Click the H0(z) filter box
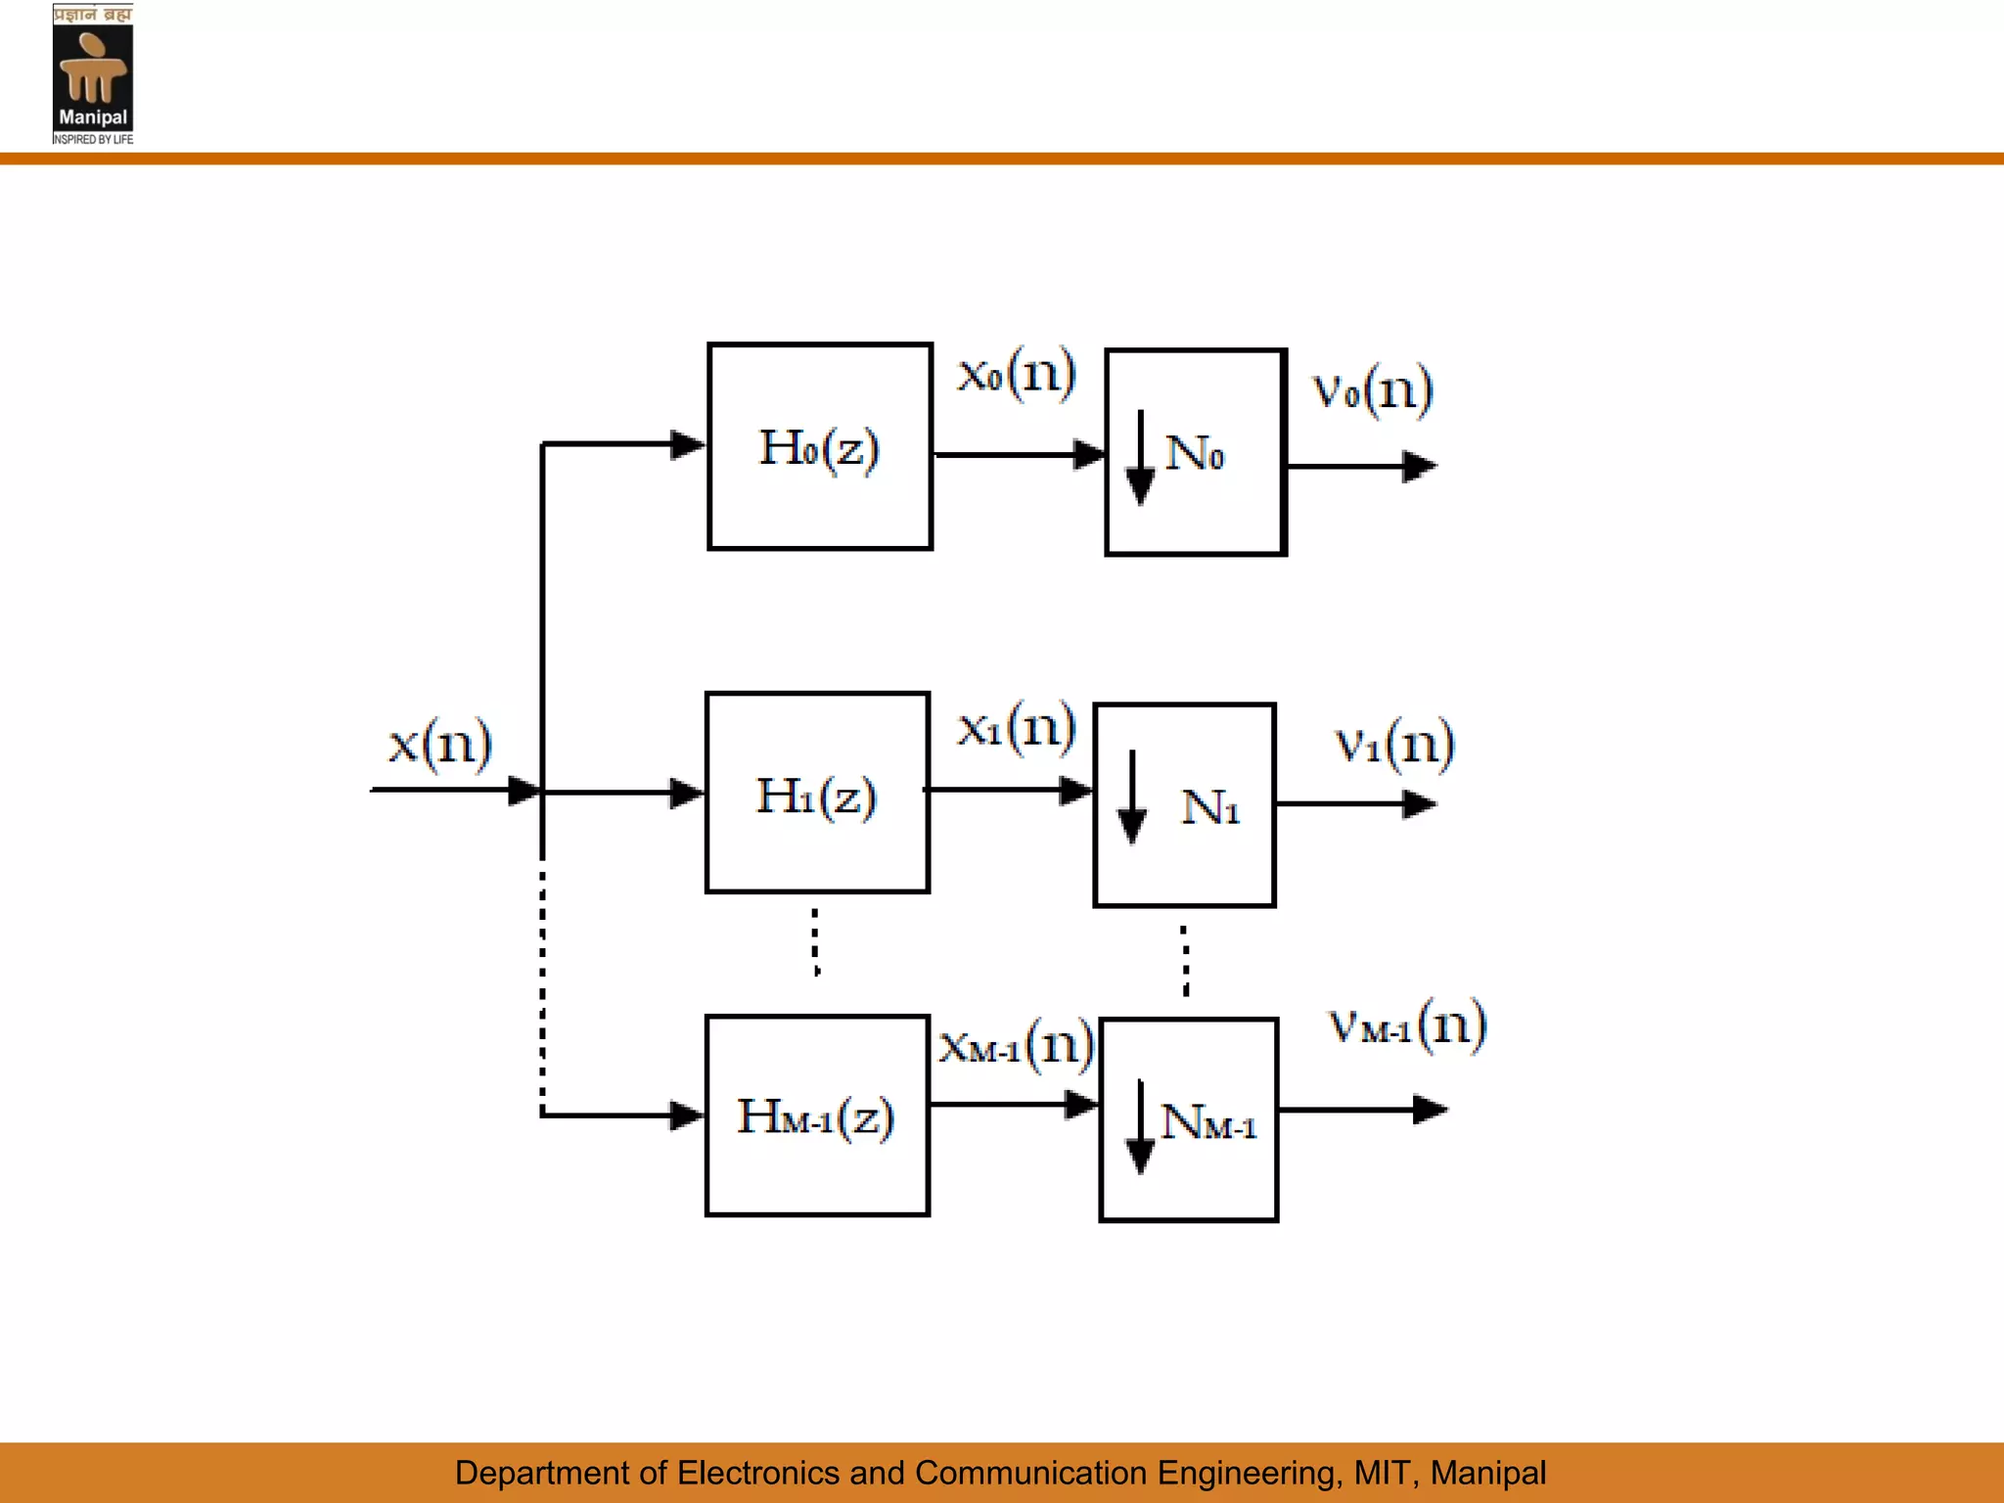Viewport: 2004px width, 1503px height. click(x=820, y=447)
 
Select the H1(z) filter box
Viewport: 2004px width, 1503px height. click(x=817, y=794)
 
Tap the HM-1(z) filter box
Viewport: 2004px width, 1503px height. click(x=817, y=1116)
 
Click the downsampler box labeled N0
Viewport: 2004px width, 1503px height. click(x=1196, y=453)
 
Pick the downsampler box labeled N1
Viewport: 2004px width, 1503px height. click(x=1185, y=805)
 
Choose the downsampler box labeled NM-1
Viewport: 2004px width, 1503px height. click(x=1189, y=1121)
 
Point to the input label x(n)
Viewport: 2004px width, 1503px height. click(x=439, y=745)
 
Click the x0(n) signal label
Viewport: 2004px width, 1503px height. click(x=1017, y=374)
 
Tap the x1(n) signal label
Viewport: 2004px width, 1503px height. click(x=1017, y=727)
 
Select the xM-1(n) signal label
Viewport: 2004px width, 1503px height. click(x=1016, y=1045)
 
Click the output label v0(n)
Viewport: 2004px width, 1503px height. click(x=1373, y=390)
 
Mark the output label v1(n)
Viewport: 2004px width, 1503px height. click(x=1394, y=744)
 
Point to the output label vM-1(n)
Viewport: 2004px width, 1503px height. click(x=1407, y=1025)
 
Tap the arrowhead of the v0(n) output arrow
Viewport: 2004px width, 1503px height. click(x=1419, y=467)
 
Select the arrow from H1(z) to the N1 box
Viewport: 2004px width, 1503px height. click(x=1008, y=790)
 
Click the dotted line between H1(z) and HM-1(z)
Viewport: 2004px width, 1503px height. click(x=816, y=941)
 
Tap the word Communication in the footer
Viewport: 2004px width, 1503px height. click(x=1030, y=1473)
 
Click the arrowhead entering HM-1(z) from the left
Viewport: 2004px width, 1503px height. click(x=687, y=1115)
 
